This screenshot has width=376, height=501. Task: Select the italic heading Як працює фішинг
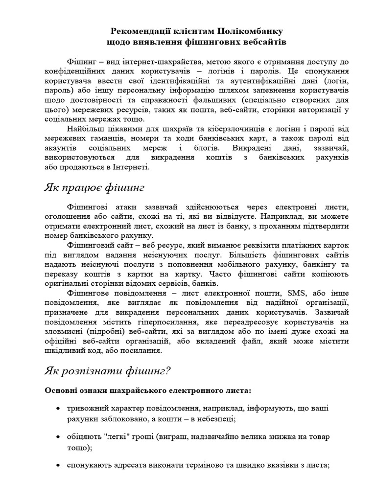(94, 188)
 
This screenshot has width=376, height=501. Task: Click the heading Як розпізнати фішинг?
(107, 370)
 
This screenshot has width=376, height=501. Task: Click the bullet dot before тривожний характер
(58, 409)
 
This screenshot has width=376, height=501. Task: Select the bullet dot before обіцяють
(58, 437)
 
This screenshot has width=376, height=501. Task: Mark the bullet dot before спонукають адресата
(58, 465)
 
